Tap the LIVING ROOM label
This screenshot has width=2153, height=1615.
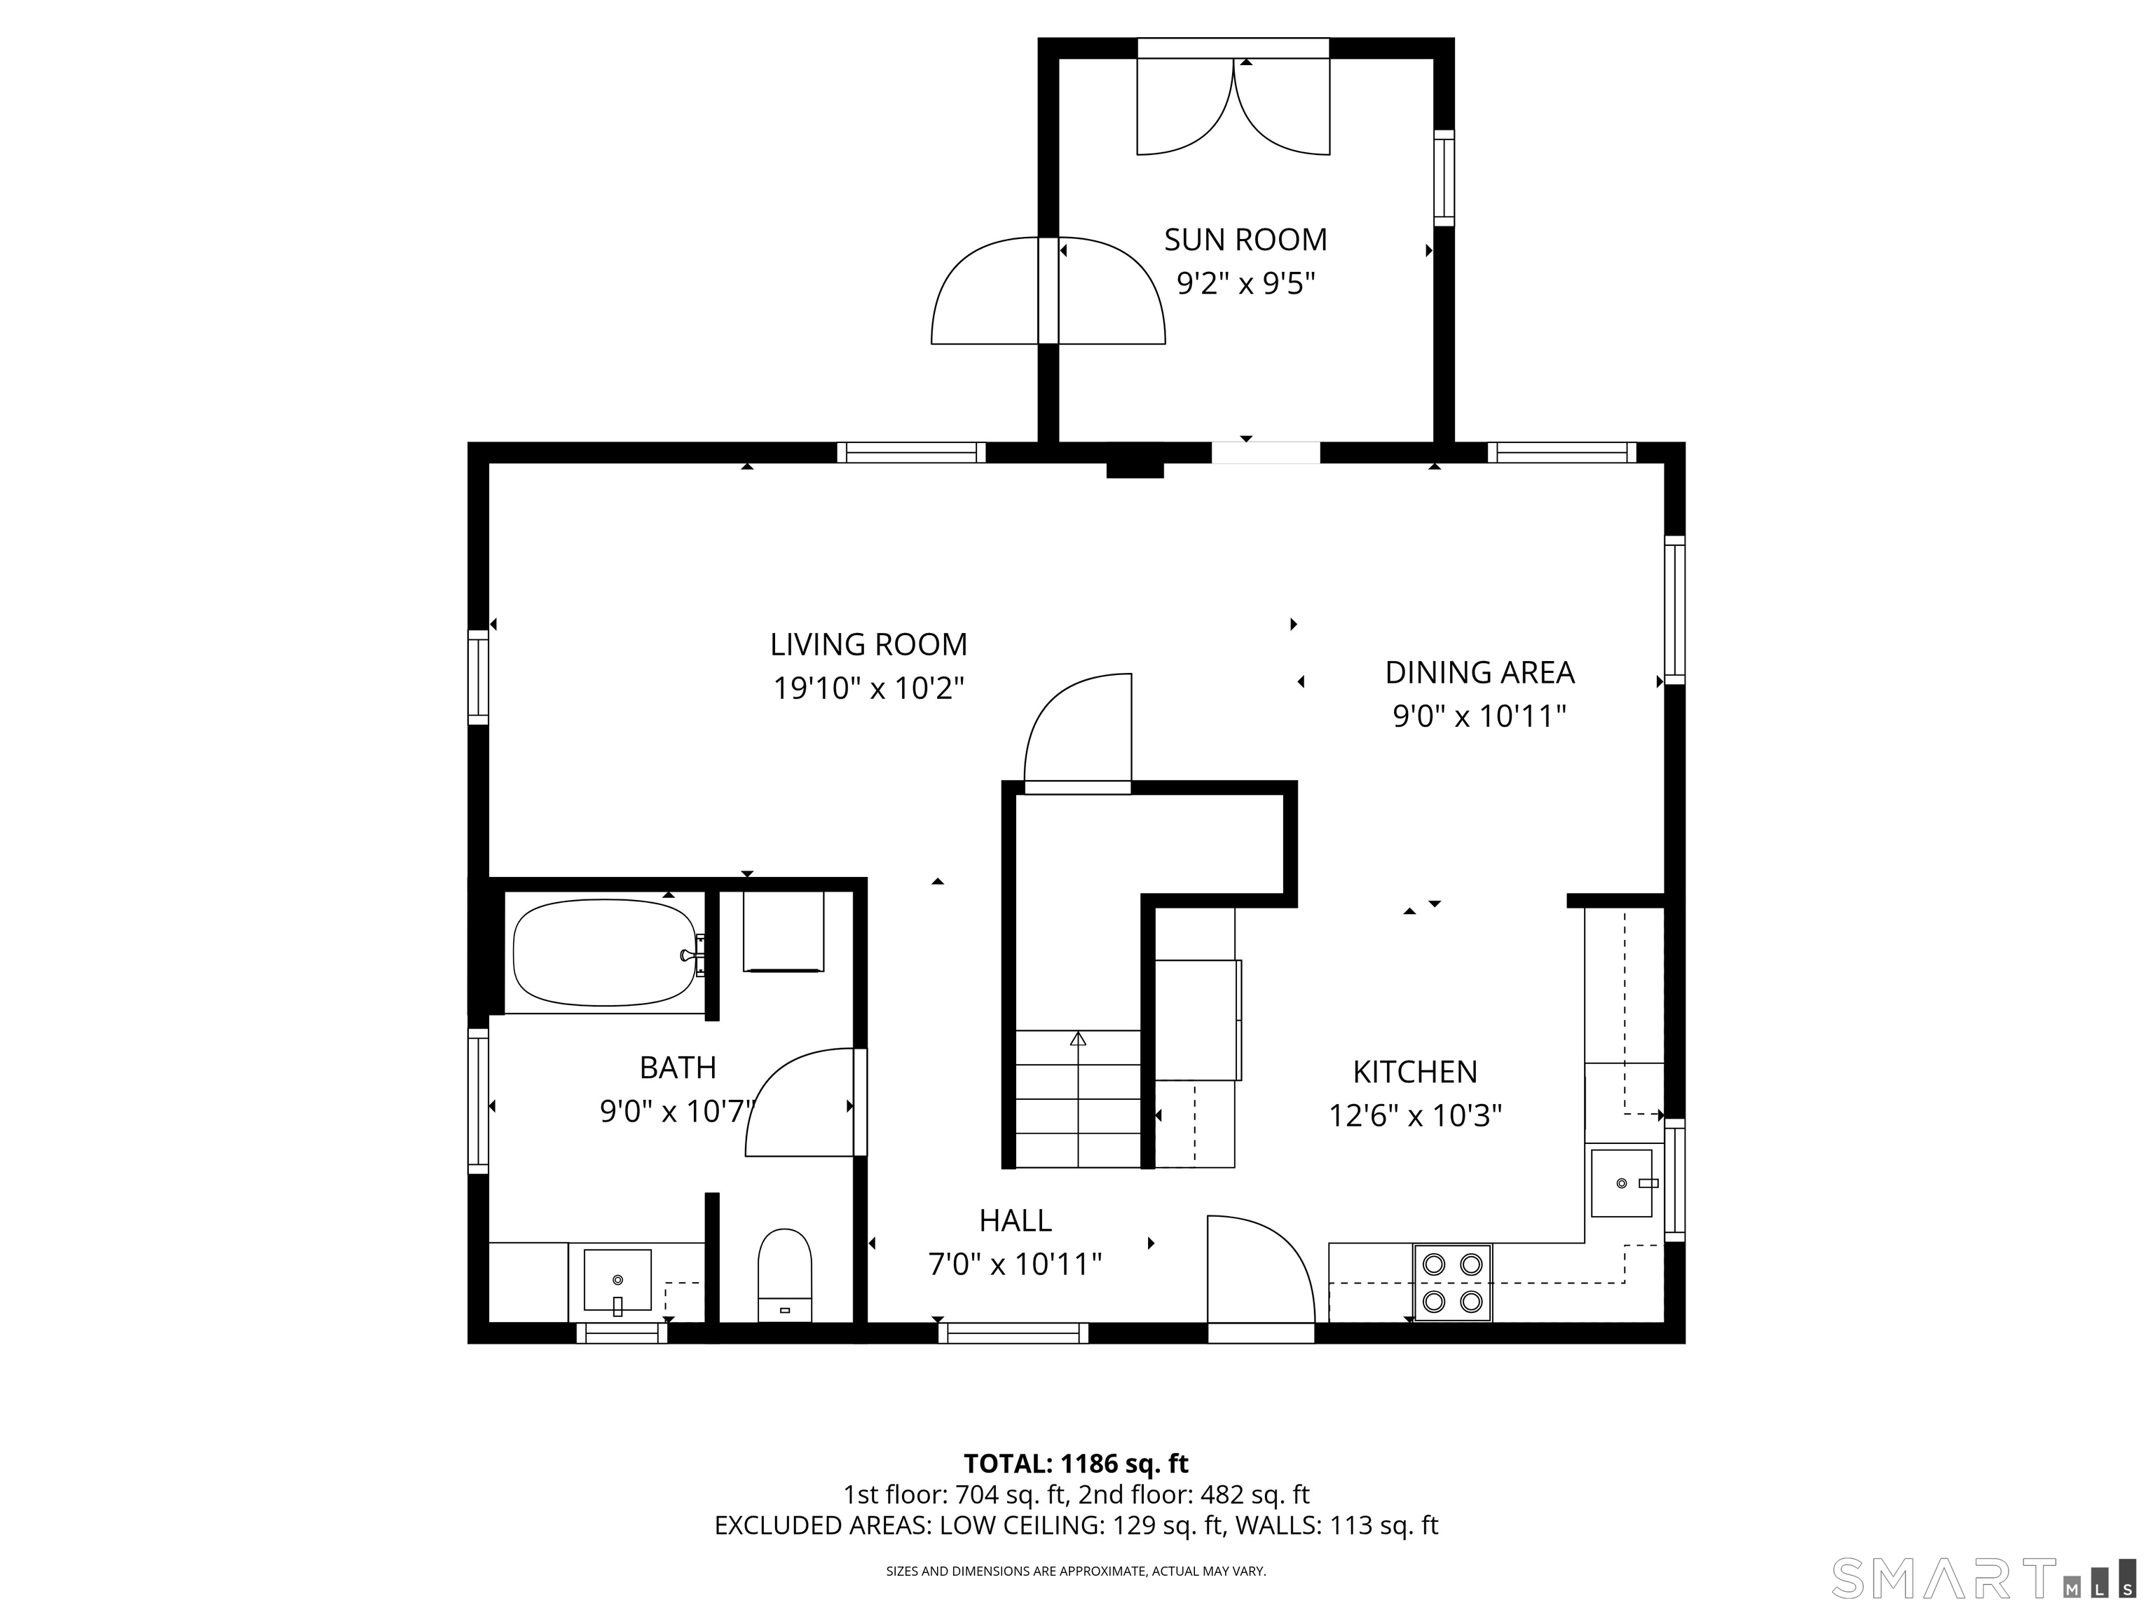pyautogui.click(x=868, y=644)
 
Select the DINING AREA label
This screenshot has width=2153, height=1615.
pyautogui.click(x=1479, y=673)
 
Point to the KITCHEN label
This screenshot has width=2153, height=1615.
pyautogui.click(x=1415, y=1072)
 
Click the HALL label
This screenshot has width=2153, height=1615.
pyautogui.click(x=1016, y=1221)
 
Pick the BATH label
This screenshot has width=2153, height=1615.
pyautogui.click(x=678, y=1068)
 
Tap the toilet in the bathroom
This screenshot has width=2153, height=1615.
pyautogui.click(x=784, y=1274)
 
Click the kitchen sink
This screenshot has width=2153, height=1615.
pyautogui.click(x=1622, y=1183)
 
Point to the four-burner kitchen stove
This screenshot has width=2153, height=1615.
pyautogui.click(x=1452, y=1282)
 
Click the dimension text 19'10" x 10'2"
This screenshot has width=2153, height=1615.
pyautogui.click(x=868, y=689)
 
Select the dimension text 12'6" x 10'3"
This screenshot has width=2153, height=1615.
pyautogui.click(x=1415, y=1116)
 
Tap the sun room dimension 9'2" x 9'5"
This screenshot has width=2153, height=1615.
pyautogui.click(x=1246, y=285)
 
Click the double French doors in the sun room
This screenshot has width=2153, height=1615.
pyautogui.click(x=1233, y=105)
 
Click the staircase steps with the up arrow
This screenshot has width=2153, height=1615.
pyautogui.click(x=1077, y=1098)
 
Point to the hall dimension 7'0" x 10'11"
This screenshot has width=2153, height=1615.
pyautogui.click(x=1016, y=1265)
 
